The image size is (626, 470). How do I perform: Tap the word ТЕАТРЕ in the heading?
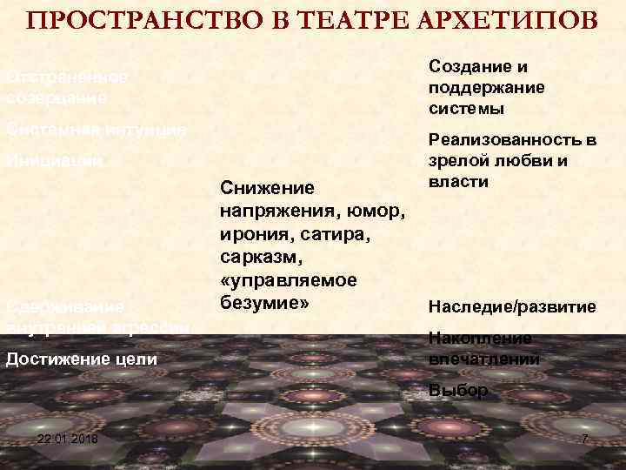point(321,21)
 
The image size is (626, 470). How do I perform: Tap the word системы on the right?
point(466,109)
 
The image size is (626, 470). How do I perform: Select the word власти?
point(458,182)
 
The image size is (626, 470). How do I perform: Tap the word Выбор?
point(458,391)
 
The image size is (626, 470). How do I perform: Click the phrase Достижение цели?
point(82,359)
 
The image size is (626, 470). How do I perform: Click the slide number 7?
point(584,440)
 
